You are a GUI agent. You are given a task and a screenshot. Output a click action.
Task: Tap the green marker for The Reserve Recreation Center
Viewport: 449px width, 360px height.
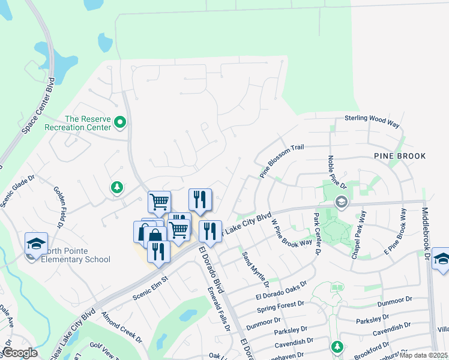120,124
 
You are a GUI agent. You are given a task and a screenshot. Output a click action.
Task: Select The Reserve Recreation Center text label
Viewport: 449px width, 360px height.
80,123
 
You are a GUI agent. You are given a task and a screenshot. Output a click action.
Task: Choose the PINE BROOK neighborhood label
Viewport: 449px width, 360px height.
399,156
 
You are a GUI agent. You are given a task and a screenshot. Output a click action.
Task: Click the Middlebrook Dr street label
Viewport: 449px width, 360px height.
427,234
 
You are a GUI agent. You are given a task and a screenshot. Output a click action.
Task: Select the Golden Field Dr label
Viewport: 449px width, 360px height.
61,206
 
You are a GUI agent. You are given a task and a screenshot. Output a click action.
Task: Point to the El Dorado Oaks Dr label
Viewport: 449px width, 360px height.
281,289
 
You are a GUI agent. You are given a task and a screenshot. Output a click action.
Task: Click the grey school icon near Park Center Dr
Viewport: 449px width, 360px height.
342,202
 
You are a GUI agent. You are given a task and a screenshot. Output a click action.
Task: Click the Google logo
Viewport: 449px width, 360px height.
20,353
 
